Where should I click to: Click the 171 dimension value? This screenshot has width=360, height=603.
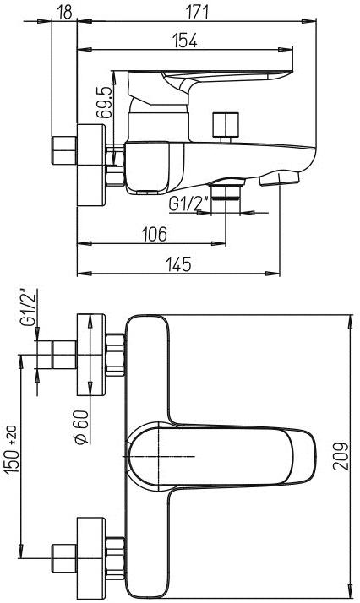point(197,12)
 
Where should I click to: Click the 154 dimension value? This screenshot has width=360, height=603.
point(184,40)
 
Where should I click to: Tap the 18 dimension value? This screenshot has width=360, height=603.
point(66,12)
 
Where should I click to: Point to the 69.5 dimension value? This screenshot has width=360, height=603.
point(104,102)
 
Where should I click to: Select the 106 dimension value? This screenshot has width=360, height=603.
point(155,234)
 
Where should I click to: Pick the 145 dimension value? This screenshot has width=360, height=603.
point(179,264)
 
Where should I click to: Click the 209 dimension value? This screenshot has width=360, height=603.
point(341,457)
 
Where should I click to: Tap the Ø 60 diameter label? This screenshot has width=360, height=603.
point(82,426)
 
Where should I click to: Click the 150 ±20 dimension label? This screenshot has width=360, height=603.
point(13,449)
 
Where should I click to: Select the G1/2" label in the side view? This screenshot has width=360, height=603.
point(188,204)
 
